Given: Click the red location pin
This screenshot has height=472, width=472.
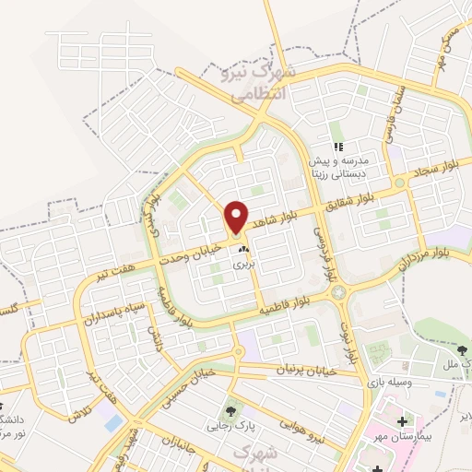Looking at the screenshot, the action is [237, 217].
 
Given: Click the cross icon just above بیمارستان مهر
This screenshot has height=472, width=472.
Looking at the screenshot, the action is [402, 422].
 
